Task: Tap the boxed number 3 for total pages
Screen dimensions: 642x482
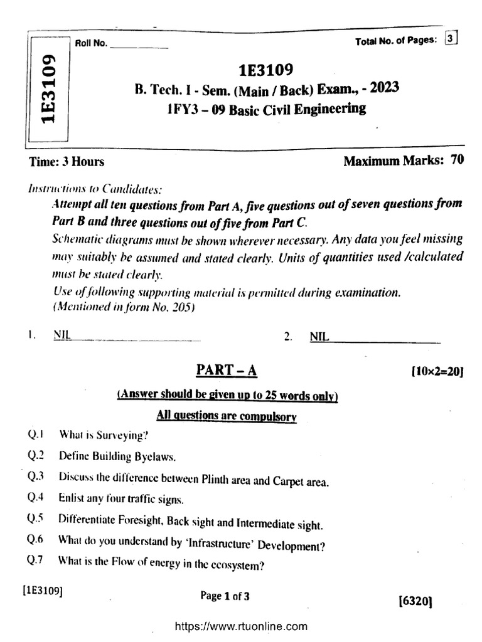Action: pyautogui.click(x=451, y=39)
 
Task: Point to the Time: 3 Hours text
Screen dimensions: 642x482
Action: pyautogui.click(x=67, y=162)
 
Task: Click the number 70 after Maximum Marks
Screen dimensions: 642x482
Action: pyautogui.click(x=457, y=160)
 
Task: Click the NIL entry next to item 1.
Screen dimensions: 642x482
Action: pyautogui.click(x=62, y=336)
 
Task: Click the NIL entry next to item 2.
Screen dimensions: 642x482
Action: pyautogui.click(x=319, y=337)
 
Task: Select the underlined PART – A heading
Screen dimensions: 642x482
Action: pyautogui.click(x=226, y=371)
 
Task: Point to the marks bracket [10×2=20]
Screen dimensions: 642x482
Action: pyautogui.click(x=437, y=372)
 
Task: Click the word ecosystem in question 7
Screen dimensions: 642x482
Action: pyautogui.click(x=233, y=564)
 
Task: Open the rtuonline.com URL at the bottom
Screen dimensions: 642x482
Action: pyautogui.click(x=240, y=626)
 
